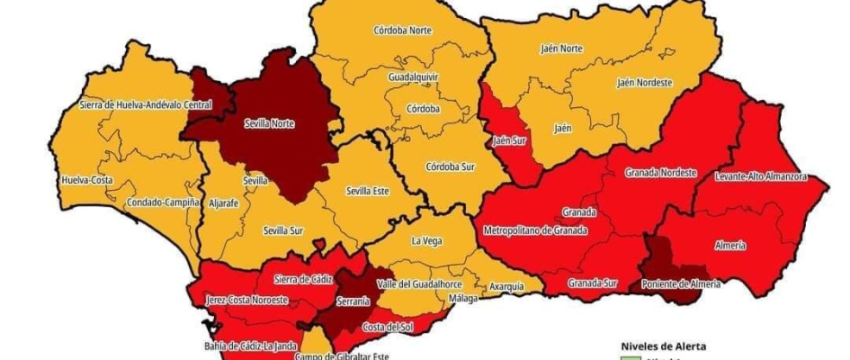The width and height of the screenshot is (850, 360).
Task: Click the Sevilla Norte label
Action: pyautogui.click(x=269, y=124)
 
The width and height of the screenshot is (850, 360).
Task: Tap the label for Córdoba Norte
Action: pyautogui.click(x=402, y=30)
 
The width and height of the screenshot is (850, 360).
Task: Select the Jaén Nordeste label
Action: pyautogui.click(x=644, y=83)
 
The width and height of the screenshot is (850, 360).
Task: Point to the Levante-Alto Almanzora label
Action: pyautogui.click(x=761, y=176)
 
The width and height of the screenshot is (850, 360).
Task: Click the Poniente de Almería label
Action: pyautogui.click(x=679, y=284)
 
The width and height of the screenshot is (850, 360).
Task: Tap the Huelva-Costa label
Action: pyautogui.click(x=86, y=180)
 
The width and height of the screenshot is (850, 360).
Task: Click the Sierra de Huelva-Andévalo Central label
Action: pyautogui.click(x=145, y=104)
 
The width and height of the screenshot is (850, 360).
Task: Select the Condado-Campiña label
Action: pyautogui.click(x=163, y=202)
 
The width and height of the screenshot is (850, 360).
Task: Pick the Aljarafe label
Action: pyautogui.click(x=223, y=204)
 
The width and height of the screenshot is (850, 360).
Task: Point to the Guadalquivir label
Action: pyautogui.click(x=413, y=77)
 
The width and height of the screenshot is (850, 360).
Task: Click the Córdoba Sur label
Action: pyautogui.click(x=449, y=166)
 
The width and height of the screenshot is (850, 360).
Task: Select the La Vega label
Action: pyautogui.click(x=426, y=241)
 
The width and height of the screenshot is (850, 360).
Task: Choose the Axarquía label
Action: pyautogui.click(x=506, y=286)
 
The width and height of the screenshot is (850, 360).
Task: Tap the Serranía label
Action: pyautogui.click(x=352, y=301)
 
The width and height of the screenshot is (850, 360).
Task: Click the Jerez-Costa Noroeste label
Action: pyautogui.click(x=246, y=300)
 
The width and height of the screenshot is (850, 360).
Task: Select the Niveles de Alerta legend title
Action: pyautogui.click(x=664, y=346)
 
